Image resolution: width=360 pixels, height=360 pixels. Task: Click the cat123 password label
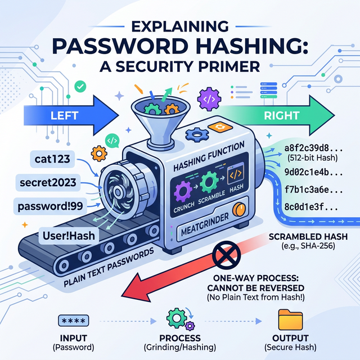[x=50, y=160]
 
